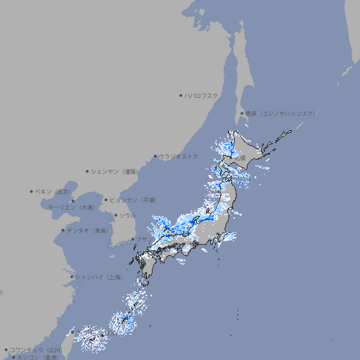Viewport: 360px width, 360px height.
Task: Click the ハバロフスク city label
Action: tap(202, 95)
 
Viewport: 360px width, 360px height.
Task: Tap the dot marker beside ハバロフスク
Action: tap(181, 95)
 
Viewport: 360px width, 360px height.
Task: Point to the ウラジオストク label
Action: tap(179, 156)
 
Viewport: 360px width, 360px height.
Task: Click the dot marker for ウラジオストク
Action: tap(155, 157)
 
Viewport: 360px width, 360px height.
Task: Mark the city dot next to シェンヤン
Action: tap(88, 171)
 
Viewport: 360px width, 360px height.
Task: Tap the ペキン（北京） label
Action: tap(53, 191)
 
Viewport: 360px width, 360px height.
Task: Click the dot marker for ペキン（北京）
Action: tap(32, 191)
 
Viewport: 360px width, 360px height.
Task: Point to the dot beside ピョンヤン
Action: tap(107, 200)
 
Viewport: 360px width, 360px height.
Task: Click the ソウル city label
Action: tap(127, 215)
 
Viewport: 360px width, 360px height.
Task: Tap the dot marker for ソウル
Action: tap(115, 215)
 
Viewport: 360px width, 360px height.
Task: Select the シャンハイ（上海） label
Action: tap(98, 277)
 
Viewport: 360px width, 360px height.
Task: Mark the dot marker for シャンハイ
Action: tap(72, 277)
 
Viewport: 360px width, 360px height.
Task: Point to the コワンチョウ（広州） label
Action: tap(36, 349)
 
